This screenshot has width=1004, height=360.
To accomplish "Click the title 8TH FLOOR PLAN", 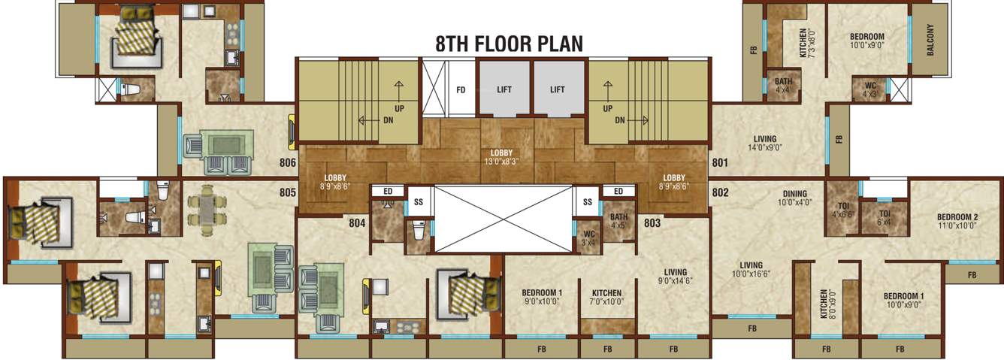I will pyautogui.click(x=509, y=44).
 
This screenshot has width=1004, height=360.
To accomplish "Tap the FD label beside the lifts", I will pyautogui.click(x=461, y=89).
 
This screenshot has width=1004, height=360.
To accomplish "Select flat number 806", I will pyautogui.click(x=287, y=162).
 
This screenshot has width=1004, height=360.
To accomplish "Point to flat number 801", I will pyautogui.click(x=720, y=162).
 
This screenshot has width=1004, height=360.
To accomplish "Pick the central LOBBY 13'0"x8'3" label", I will pyautogui.click(x=501, y=157).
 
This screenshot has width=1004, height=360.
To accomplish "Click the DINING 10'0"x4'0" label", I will pyautogui.click(x=794, y=198).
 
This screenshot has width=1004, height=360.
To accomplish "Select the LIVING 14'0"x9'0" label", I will pyautogui.click(x=765, y=144).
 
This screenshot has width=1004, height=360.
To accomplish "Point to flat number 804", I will pyautogui.click(x=357, y=222).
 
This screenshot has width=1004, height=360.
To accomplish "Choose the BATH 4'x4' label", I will pyautogui.click(x=783, y=86).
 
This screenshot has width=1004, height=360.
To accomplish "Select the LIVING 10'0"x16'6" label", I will pyautogui.click(x=751, y=270).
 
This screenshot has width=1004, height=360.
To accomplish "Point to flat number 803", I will pyautogui.click(x=652, y=222).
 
